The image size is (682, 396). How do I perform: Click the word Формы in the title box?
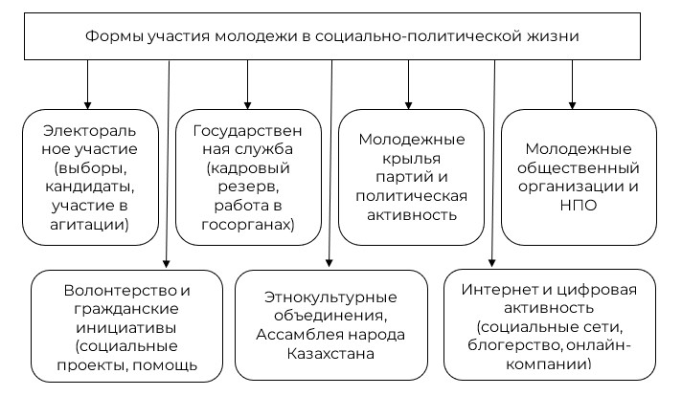(115, 38)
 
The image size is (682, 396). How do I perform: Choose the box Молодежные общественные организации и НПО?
(579, 178)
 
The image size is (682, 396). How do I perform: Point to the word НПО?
(579, 206)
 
